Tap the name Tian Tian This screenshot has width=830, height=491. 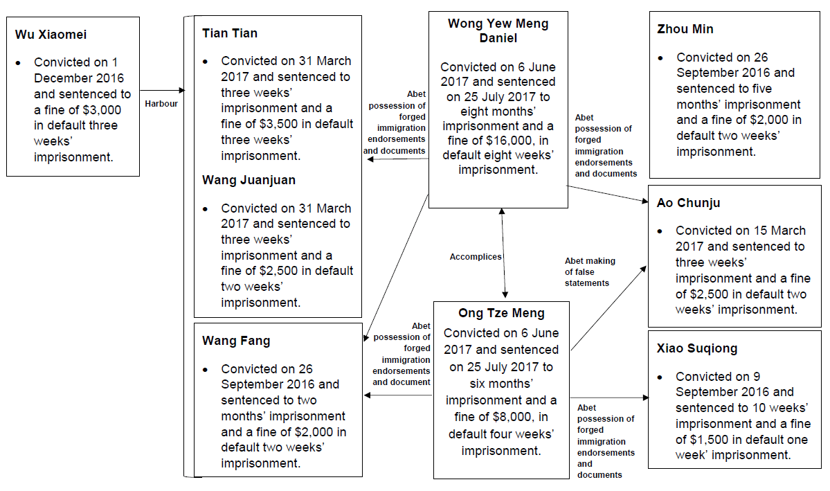(230, 33)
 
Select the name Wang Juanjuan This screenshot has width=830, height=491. (249, 180)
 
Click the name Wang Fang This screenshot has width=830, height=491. (236, 341)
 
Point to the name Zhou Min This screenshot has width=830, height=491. (685, 29)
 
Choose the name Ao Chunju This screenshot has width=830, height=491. (689, 203)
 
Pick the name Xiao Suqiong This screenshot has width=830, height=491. (697, 348)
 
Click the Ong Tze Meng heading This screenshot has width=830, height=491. (501, 314)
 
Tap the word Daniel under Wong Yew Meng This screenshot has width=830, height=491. (498, 38)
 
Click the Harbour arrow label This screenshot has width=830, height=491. (161, 104)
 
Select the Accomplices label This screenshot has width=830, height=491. (476, 257)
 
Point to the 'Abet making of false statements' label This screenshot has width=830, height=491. (590, 272)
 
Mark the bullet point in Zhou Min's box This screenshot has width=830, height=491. (661, 58)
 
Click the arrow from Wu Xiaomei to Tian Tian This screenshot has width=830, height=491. (163, 91)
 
